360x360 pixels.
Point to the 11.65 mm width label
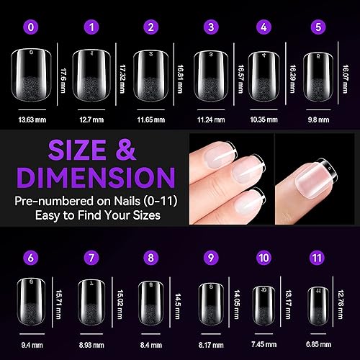(x=149, y=112)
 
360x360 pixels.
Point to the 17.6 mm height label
(x=63, y=75)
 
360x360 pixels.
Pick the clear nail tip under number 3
(x=211, y=75)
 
